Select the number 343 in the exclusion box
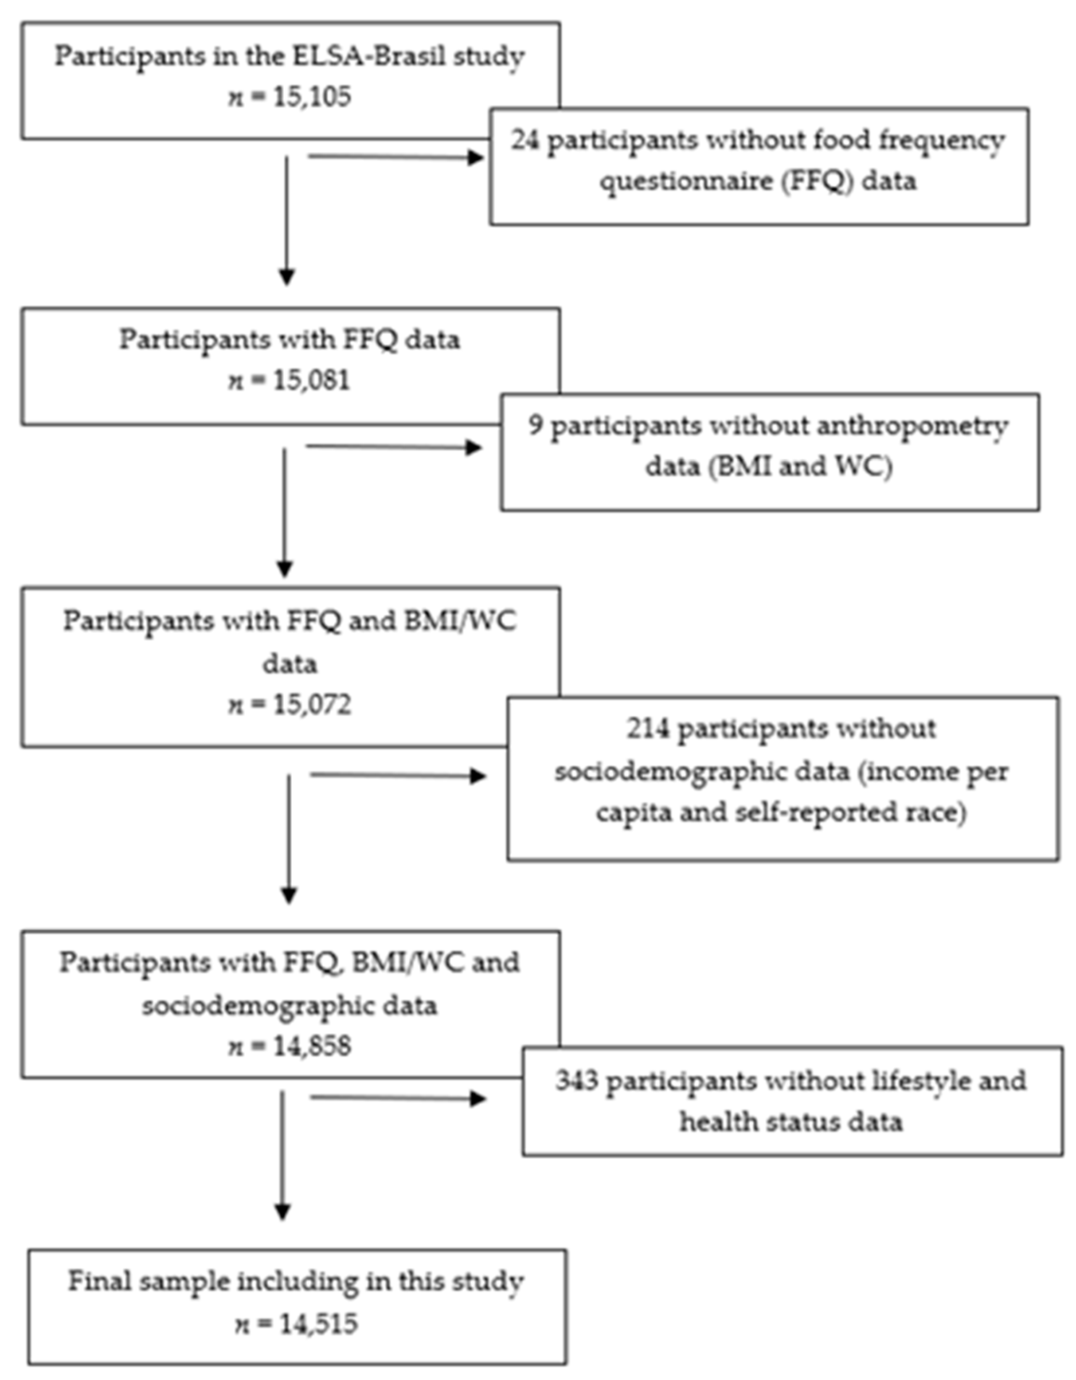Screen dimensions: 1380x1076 (576, 1081)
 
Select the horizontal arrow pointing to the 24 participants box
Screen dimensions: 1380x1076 (395, 157)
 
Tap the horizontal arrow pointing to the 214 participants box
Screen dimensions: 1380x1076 (398, 775)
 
